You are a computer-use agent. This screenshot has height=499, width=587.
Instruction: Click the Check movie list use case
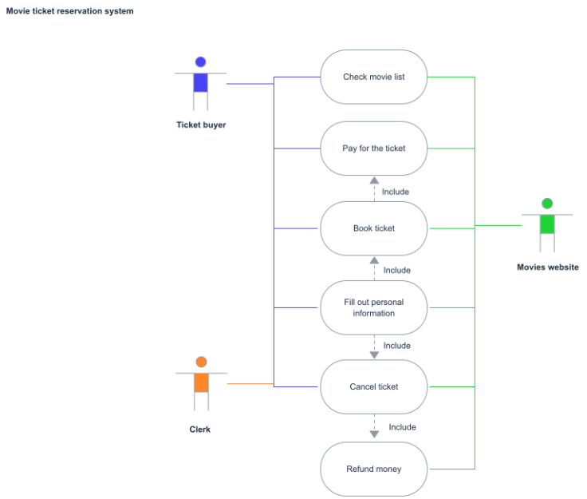point(373,77)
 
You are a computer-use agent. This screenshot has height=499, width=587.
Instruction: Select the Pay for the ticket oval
point(373,149)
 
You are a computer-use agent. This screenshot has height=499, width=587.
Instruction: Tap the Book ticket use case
point(373,228)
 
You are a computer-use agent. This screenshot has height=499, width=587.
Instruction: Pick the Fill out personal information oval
point(373,307)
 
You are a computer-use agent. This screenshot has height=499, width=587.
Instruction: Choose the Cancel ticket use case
point(373,386)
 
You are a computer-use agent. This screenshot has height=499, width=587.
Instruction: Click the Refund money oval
point(373,469)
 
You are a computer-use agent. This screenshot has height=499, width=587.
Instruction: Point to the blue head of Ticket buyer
point(201,61)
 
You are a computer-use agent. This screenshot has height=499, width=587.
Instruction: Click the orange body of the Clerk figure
point(202,382)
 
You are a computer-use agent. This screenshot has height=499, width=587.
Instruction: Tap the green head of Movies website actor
point(547,204)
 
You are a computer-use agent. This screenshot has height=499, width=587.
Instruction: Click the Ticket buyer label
point(201,125)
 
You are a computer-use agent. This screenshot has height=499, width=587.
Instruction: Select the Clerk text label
point(200,430)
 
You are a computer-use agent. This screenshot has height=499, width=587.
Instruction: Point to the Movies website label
point(548,267)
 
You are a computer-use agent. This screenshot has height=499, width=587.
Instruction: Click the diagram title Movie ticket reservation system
point(69,11)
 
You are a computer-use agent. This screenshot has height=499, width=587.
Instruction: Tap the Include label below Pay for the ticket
point(396,192)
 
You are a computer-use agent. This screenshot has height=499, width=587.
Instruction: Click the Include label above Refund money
point(402,427)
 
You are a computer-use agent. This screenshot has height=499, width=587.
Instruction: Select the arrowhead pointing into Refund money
point(374,434)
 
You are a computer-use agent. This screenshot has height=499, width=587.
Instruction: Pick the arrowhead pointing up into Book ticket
point(374,260)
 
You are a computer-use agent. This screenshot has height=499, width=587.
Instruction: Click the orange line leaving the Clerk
point(250,383)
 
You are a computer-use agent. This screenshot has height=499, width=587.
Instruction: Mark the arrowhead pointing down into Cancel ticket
point(374,354)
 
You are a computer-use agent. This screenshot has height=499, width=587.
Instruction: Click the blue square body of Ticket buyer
point(201,83)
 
